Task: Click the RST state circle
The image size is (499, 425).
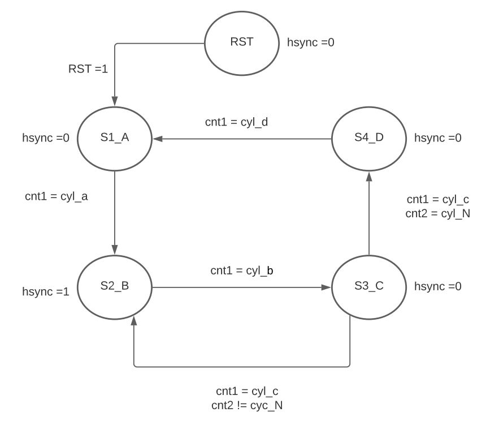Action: tap(241, 43)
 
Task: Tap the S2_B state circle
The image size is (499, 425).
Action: tap(115, 286)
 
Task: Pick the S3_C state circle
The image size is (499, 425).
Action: tap(368, 286)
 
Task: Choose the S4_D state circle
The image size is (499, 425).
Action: tap(368, 138)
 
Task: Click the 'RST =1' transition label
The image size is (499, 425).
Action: tap(88, 69)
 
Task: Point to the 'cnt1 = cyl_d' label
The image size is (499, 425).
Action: tap(236, 122)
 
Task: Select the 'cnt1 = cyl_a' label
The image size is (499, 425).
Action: tap(56, 196)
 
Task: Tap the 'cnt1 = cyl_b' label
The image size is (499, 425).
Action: tap(242, 271)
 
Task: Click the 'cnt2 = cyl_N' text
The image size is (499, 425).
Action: tap(438, 214)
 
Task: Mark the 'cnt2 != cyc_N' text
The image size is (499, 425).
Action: tap(246, 406)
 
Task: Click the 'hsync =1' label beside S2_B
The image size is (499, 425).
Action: tap(46, 292)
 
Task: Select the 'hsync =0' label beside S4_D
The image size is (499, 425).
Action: tap(438, 138)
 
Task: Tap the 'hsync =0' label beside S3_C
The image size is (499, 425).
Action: tap(438, 286)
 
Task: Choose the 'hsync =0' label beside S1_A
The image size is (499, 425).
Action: tap(46, 137)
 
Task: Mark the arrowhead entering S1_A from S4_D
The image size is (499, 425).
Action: tap(158, 138)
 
